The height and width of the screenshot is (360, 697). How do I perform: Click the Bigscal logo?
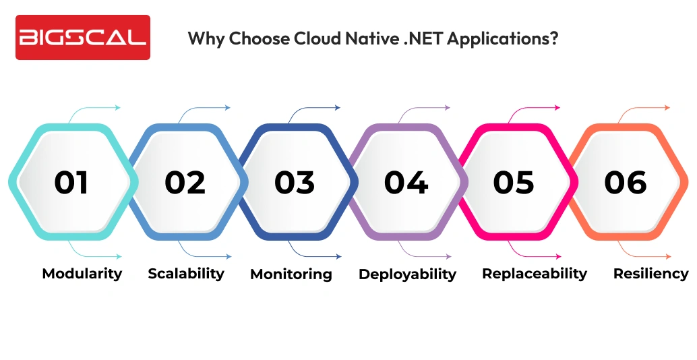point(83,38)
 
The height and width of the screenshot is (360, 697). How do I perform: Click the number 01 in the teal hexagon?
point(71,182)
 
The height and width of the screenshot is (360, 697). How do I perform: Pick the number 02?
point(184,182)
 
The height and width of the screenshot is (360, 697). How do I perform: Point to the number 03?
point(295,182)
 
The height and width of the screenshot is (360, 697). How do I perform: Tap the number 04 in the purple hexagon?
point(406,182)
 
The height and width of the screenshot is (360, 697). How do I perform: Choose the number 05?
point(514,182)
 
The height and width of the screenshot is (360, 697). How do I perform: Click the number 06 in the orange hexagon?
point(626,182)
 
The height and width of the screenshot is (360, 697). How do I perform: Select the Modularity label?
point(82,273)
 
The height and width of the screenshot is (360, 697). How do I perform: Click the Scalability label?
point(186,273)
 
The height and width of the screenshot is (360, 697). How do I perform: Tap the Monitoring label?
point(291,274)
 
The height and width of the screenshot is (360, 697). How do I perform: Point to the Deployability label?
point(407,274)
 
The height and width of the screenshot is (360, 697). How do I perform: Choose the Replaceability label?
point(535,273)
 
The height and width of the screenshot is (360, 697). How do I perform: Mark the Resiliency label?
point(650,273)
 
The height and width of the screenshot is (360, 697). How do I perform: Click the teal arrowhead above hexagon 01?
point(118,107)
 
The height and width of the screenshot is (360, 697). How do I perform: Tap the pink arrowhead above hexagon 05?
point(557,107)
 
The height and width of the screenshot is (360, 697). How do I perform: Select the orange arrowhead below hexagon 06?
point(668,257)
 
